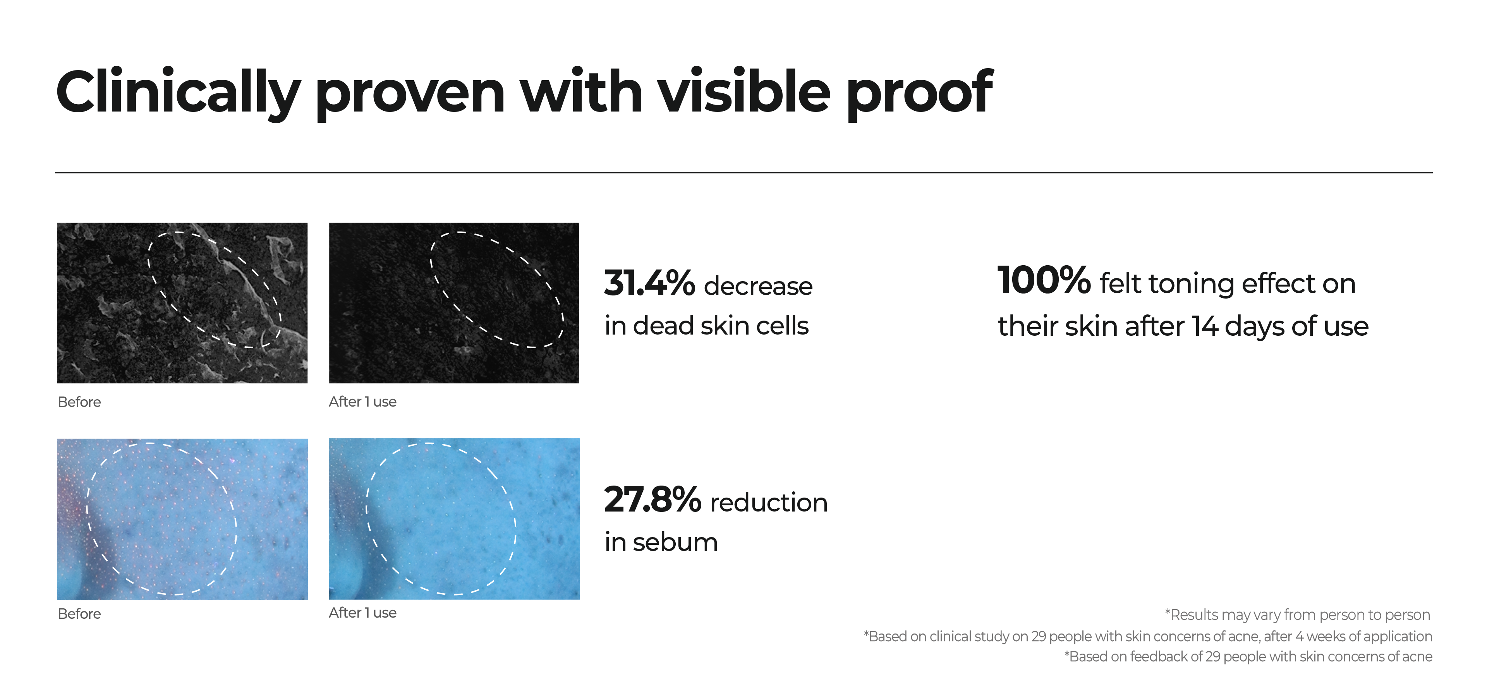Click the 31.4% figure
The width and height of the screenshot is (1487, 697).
[x=649, y=283]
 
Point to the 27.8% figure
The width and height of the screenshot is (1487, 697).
[x=652, y=499]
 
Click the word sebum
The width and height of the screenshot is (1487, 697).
[x=675, y=542]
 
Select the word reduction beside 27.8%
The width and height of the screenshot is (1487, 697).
[x=769, y=502]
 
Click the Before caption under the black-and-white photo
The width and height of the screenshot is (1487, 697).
[x=79, y=402]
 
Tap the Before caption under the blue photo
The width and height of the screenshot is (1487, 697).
[x=79, y=614]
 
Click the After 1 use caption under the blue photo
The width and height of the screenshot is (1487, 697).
[x=362, y=613]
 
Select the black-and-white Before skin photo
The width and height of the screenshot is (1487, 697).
[x=182, y=303]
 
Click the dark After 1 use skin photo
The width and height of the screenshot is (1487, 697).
[x=454, y=303]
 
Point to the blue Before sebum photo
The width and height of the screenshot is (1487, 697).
[x=182, y=519]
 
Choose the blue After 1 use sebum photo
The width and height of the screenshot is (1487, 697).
[x=454, y=519]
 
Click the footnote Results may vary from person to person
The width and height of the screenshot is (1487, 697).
[x=1298, y=615]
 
